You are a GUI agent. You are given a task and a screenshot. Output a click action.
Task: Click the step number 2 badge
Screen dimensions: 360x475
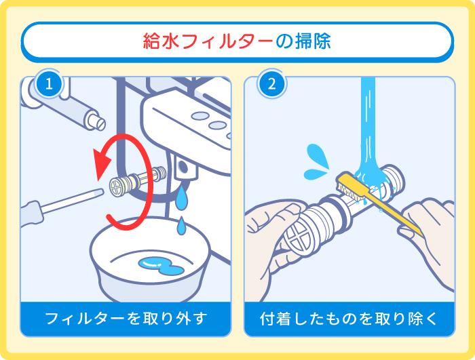tap(272, 85)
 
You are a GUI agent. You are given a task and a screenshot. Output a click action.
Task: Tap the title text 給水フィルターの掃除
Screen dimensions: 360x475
tap(237, 41)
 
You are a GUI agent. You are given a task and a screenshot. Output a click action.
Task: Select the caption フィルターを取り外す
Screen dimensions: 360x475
tap(125, 318)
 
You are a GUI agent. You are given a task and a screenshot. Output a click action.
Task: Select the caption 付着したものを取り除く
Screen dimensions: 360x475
tap(349, 318)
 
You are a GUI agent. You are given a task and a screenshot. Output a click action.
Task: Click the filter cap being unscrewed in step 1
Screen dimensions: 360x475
tap(121, 184)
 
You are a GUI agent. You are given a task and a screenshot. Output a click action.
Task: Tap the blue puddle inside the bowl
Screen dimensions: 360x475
tap(160, 265)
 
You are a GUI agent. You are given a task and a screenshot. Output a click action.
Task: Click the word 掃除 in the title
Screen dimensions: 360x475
tap(313, 41)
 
